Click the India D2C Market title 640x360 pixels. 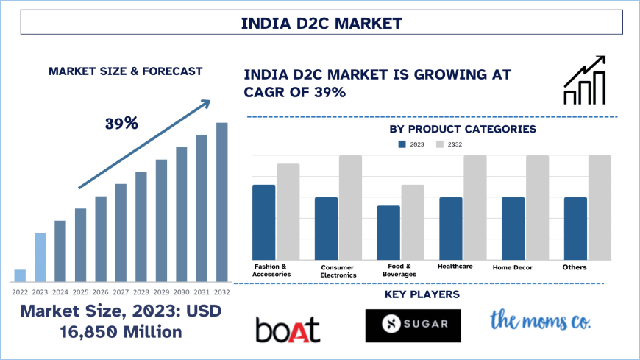tap(322, 23)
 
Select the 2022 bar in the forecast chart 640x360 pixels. tap(20, 275)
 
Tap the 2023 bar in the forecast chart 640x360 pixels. tap(40, 257)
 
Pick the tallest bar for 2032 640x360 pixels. tap(221, 202)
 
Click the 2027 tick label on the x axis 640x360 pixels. tap(121, 292)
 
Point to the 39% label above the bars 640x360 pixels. tap(121, 123)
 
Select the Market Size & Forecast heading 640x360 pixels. tap(125, 71)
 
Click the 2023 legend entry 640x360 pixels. tap(412, 144)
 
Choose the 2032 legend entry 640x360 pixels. tap(449, 144)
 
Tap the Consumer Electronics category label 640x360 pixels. tap(338, 271)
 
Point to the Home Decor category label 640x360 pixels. tap(512, 267)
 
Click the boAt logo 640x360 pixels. tap(288, 329)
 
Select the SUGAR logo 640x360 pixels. tap(413, 325)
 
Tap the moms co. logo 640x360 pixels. tap(541, 320)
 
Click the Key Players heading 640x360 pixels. tap(422, 294)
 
